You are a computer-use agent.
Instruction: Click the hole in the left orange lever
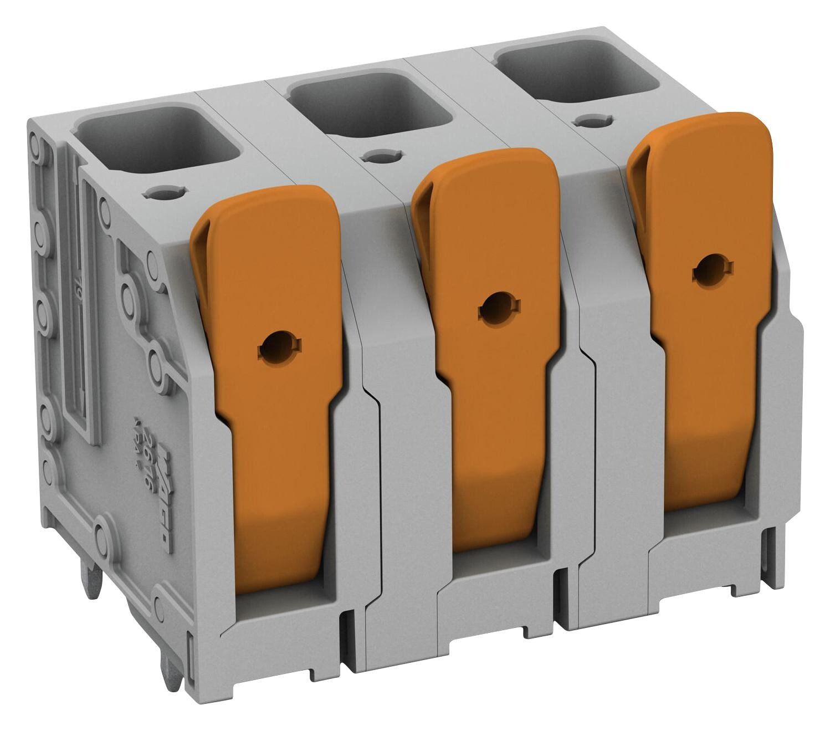[275, 349]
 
